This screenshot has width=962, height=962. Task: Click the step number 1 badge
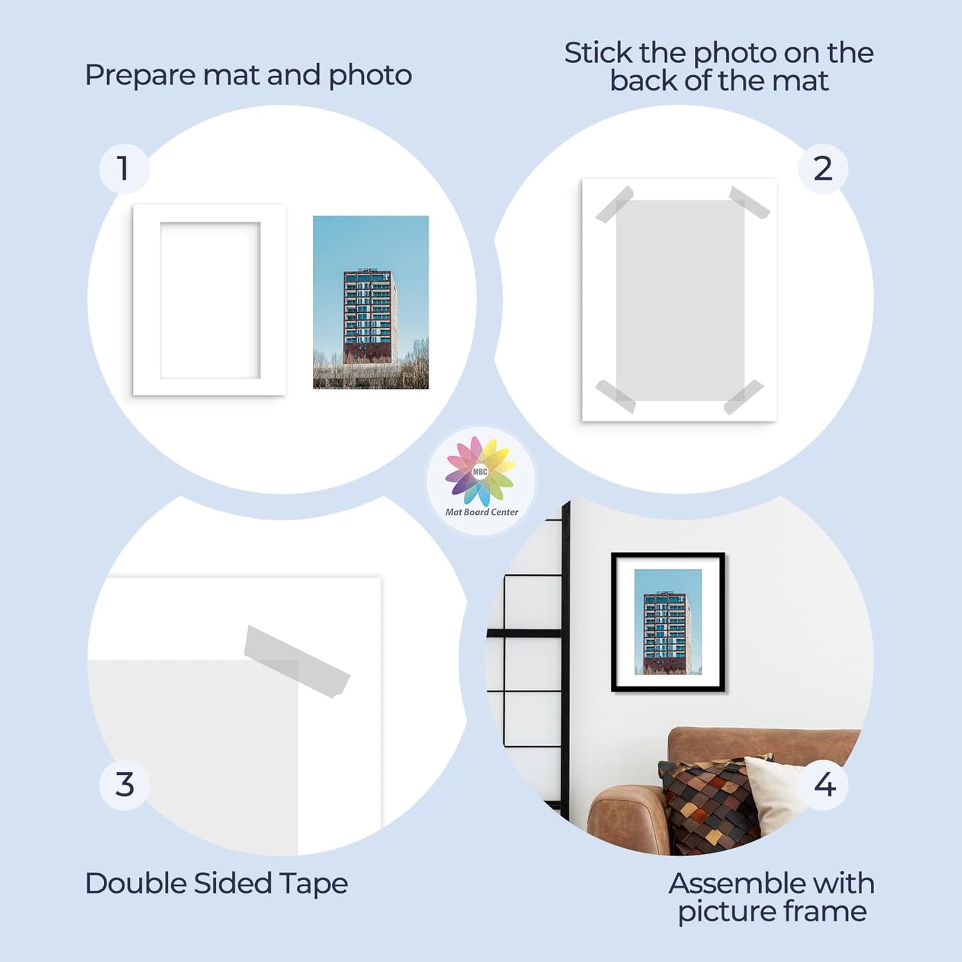pyautogui.click(x=124, y=168)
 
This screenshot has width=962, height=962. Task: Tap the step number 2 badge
pyautogui.click(x=823, y=168)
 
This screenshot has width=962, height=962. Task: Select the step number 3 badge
pyautogui.click(x=124, y=785)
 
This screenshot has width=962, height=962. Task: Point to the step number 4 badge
pyautogui.click(x=825, y=785)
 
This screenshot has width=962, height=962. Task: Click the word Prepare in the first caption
pyautogui.click(x=140, y=75)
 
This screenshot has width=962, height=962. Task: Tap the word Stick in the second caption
pyautogui.click(x=598, y=53)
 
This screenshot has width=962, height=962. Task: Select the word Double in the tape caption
pyautogui.click(x=135, y=883)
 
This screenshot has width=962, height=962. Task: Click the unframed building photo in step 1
pyautogui.click(x=371, y=302)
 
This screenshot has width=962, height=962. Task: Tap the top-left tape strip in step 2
pyautogui.click(x=614, y=204)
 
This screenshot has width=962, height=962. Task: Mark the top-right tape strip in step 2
pyautogui.click(x=750, y=202)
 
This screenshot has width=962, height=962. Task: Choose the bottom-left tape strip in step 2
pyautogui.click(x=615, y=396)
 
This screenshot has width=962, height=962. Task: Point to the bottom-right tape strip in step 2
pyautogui.click(x=744, y=397)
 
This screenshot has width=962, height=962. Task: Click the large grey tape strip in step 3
pyautogui.click(x=296, y=660)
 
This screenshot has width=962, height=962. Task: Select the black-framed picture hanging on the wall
pyautogui.click(x=668, y=622)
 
